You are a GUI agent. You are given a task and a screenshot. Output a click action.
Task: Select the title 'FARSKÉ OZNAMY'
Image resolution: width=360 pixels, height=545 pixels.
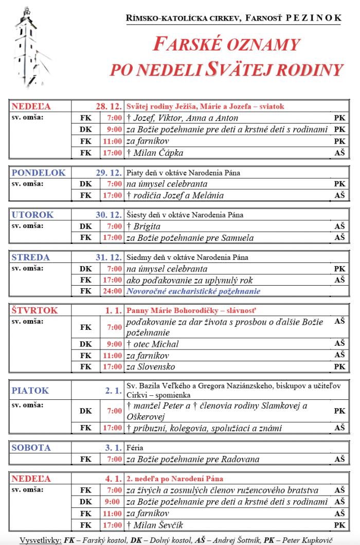click(x=226, y=45)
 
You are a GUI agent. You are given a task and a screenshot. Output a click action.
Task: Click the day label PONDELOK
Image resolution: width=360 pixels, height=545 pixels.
click(x=39, y=173)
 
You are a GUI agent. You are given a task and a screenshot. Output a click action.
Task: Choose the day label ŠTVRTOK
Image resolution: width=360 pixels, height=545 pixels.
click(x=35, y=310)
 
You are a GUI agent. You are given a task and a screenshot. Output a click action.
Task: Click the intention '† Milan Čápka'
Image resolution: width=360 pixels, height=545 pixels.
click(x=155, y=153)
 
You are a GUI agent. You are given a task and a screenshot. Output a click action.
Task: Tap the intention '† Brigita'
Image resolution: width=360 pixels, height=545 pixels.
click(x=143, y=226)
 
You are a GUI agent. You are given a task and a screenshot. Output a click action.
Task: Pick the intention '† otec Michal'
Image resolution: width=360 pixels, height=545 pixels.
click(x=153, y=344)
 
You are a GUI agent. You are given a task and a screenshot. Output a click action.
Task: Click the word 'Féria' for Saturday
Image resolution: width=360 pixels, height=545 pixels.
click(x=134, y=448)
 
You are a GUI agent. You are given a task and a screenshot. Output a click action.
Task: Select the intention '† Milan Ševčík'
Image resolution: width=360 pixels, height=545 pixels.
click(x=155, y=525)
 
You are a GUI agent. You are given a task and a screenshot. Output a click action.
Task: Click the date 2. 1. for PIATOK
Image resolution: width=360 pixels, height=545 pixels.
click(x=113, y=391)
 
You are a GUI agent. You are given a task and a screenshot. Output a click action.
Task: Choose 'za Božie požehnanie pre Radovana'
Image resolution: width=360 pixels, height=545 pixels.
click(x=193, y=459)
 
